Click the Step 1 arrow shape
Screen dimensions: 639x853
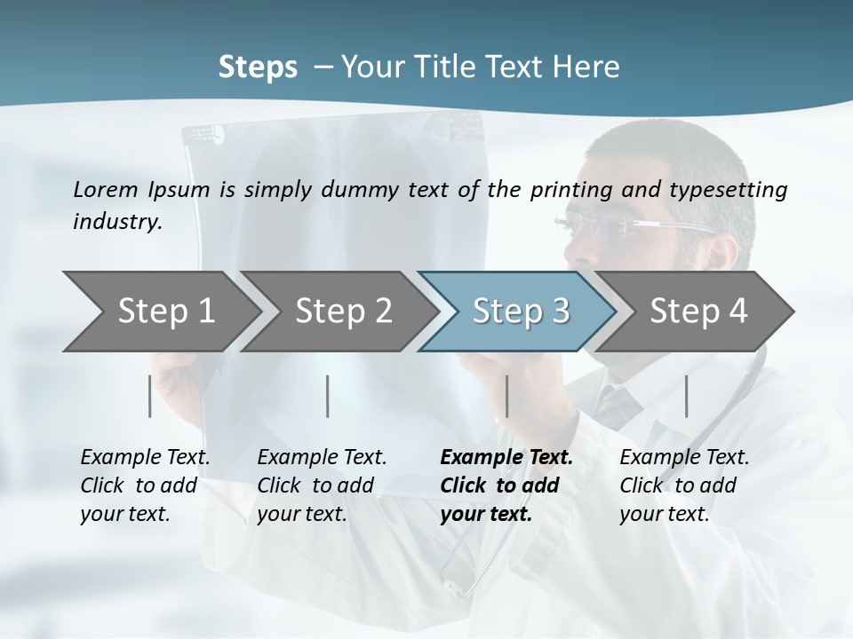pyautogui.click(x=160, y=312)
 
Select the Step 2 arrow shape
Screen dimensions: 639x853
pyautogui.click(x=342, y=312)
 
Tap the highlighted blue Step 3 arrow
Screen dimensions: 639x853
pyautogui.click(x=520, y=312)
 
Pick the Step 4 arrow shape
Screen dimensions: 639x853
pyautogui.click(x=698, y=312)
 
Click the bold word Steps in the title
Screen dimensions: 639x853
pyautogui.click(x=258, y=67)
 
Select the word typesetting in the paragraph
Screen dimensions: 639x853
pyautogui.click(x=734, y=189)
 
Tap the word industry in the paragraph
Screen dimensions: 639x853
pyautogui.click(x=116, y=222)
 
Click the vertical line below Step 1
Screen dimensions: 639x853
pyautogui.click(x=150, y=396)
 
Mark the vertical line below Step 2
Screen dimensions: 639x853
pyautogui.click(x=328, y=396)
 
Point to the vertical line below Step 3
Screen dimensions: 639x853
pyautogui.click(x=507, y=396)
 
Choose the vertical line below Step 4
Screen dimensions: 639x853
pyautogui.click(x=687, y=396)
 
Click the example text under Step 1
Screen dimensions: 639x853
pyautogui.click(x=144, y=485)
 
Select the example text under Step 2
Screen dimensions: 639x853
pyautogui.click(x=321, y=485)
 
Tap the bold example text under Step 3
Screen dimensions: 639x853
pyautogui.click(x=506, y=485)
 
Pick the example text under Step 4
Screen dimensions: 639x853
pyautogui.click(x=683, y=485)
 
